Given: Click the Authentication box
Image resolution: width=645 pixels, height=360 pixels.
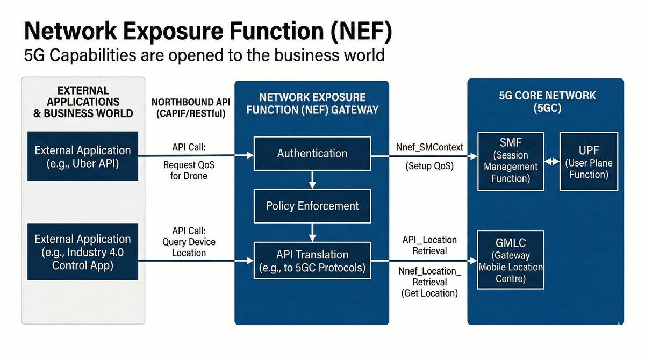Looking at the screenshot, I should [x=312, y=154].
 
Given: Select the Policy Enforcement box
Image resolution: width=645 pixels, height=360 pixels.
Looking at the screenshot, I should [x=312, y=206].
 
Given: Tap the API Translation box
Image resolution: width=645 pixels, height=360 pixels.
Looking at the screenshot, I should [x=312, y=261].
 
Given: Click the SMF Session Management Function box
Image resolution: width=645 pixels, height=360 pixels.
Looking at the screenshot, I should [x=511, y=161].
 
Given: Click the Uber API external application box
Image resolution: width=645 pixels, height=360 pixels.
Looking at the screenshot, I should [x=83, y=156].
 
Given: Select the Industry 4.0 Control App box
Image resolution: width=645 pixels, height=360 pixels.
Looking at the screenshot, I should [x=83, y=252].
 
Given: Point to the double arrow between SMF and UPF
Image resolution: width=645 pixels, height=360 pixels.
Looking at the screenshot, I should [x=552, y=161].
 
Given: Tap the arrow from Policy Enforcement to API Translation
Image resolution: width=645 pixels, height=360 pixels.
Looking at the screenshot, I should [x=312, y=232].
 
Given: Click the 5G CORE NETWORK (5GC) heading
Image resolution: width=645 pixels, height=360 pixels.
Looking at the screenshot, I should [x=546, y=101].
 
